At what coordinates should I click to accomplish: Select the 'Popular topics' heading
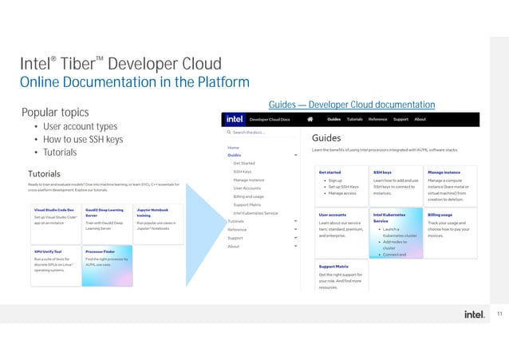click(55, 112)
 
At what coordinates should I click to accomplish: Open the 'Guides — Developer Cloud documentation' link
click(352, 105)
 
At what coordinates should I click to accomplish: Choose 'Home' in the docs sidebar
click(233, 148)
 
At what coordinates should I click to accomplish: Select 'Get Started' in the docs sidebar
click(244, 163)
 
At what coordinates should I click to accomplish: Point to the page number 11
click(499, 314)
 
